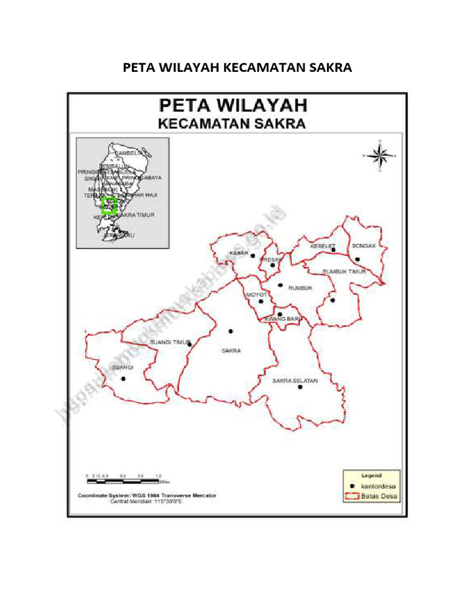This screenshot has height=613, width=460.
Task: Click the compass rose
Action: click(x=379, y=155)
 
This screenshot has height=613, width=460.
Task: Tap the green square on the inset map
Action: click(x=108, y=205)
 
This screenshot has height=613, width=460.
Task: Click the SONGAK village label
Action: click(x=364, y=246)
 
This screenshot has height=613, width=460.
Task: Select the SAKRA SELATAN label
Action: click(x=295, y=380)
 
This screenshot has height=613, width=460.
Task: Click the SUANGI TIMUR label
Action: click(x=168, y=342)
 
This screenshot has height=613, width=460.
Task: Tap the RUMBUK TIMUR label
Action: click(x=344, y=271)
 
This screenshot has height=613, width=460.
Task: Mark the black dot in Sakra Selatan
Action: click(x=300, y=387)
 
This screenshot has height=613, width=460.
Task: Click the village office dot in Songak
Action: click(x=357, y=259)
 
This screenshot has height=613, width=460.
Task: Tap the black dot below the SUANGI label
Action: click(x=123, y=378)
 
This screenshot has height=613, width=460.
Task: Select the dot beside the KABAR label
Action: click(x=253, y=256)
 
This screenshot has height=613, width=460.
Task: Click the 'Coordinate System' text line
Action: click(x=147, y=496)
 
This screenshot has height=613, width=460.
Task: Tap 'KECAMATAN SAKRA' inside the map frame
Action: click(x=232, y=125)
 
